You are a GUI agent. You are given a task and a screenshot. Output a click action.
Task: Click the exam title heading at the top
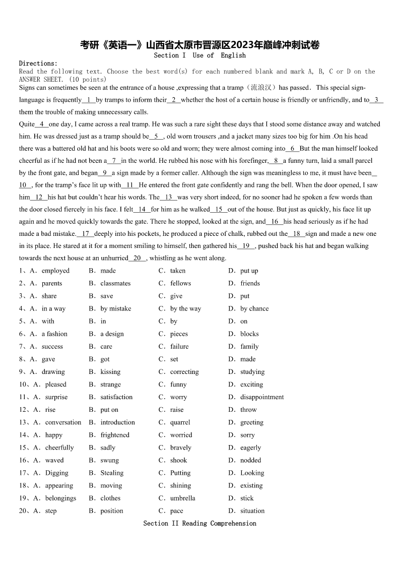[x=200, y=45]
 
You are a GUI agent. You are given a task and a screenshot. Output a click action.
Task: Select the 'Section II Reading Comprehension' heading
[x=199, y=523]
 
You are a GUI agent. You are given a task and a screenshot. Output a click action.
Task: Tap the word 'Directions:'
[x=38, y=64]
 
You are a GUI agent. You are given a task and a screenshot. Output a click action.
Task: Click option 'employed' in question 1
[x=55, y=271]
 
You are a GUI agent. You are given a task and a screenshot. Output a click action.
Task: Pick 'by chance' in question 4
[x=254, y=308]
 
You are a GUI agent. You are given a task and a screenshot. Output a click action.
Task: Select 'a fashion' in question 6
[x=54, y=334]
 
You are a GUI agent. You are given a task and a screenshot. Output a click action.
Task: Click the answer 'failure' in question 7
[x=179, y=346]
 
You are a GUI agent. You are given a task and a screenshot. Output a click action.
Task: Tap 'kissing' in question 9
[x=110, y=371]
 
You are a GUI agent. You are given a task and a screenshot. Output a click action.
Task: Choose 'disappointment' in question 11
[x=262, y=397]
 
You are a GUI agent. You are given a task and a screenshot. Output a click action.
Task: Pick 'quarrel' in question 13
[x=180, y=422]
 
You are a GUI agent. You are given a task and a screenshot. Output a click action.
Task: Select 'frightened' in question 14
[x=115, y=435]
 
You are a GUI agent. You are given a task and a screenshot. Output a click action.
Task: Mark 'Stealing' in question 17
[x=112, y=473]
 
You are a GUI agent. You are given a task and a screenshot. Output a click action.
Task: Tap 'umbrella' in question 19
[x=183, y=498]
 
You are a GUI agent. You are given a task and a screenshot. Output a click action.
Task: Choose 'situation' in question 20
[x=252, y=511]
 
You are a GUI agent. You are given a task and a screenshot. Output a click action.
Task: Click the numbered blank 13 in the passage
[x=168, y=197]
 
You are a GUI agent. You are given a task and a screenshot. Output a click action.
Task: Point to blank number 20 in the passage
[x=137, y=258]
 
